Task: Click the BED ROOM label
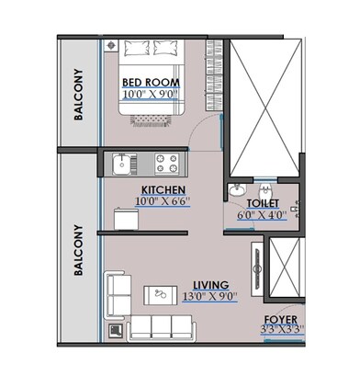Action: click(151, 82)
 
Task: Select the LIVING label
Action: click(211, 285)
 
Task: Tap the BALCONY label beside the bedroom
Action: click(81, 95)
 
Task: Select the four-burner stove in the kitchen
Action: click(167, 164)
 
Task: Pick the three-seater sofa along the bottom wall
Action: click(161, 326)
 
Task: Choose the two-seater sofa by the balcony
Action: click(117, 291)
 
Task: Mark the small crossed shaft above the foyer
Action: click(283, 263)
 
